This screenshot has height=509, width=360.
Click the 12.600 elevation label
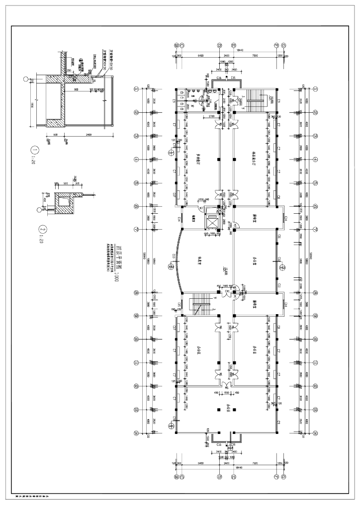click(225, 270)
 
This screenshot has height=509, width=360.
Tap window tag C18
click(279, 258)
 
